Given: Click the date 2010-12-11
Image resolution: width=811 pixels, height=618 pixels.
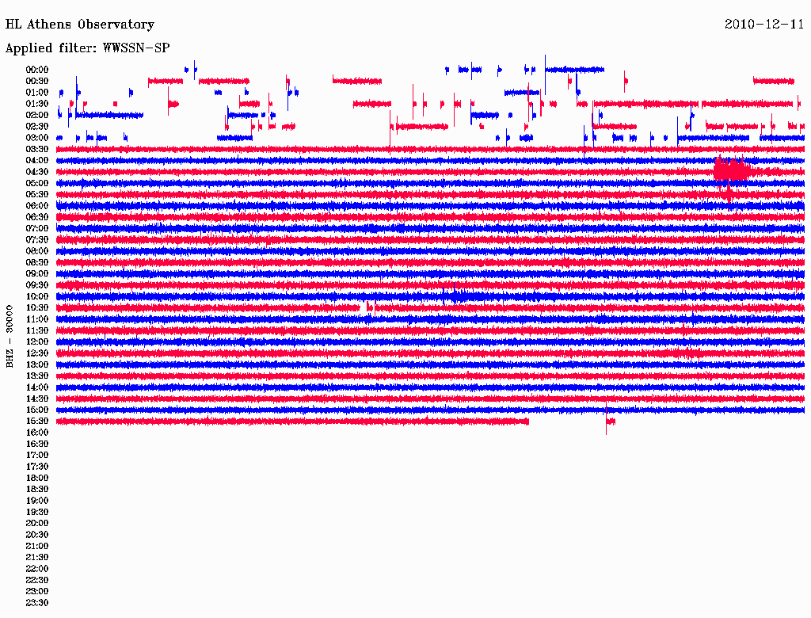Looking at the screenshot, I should tap(763, 25).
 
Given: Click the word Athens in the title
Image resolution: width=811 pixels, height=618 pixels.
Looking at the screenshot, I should tap(49, 25).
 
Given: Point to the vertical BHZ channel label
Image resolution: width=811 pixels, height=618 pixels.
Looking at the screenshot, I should tap(10, 336).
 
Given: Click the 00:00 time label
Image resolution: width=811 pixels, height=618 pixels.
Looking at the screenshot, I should tap(37, 70).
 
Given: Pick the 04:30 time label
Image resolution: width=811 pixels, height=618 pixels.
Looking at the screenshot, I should tap(37, 172).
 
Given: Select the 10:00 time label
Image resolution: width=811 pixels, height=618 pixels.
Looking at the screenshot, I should tap(37, 296).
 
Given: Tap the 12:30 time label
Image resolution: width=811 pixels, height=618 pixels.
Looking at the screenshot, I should tap(37, 353).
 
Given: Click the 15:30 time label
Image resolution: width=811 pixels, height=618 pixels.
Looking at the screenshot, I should tap(37, 422).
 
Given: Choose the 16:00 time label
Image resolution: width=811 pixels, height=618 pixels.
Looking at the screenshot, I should tap(37, 433).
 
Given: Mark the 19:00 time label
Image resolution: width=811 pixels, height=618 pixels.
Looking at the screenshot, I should tap(37, 501).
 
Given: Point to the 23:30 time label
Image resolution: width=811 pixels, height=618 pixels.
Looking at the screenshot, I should tap(37, 603).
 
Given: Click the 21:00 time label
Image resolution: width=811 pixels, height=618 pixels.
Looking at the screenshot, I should tap(37, 546).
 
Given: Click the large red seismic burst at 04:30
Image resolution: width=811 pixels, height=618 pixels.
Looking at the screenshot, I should tap(731, 170).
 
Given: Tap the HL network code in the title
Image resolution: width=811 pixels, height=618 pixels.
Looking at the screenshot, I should tap(13, 25).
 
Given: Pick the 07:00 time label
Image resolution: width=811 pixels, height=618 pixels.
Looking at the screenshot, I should tap(37, 228).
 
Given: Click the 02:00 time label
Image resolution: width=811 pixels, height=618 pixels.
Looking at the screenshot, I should tap(37, 115).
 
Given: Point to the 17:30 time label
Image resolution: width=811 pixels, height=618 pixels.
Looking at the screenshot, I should tap(37, 467).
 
